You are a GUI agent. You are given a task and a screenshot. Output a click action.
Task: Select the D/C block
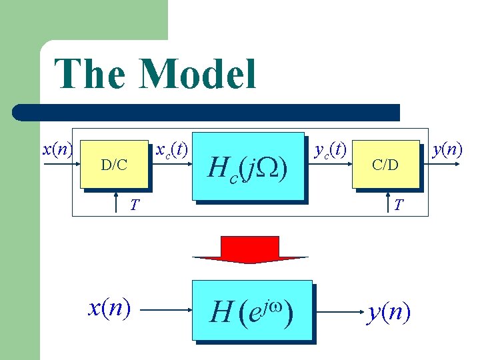114,164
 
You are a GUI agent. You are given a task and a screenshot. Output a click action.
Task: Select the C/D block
385,164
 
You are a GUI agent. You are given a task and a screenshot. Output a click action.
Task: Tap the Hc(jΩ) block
248,167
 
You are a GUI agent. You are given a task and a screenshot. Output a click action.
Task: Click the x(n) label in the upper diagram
57,149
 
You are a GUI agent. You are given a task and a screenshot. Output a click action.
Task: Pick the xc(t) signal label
171,149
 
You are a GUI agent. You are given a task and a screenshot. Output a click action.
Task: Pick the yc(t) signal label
330,149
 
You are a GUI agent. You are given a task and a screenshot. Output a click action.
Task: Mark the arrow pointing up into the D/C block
117,201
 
